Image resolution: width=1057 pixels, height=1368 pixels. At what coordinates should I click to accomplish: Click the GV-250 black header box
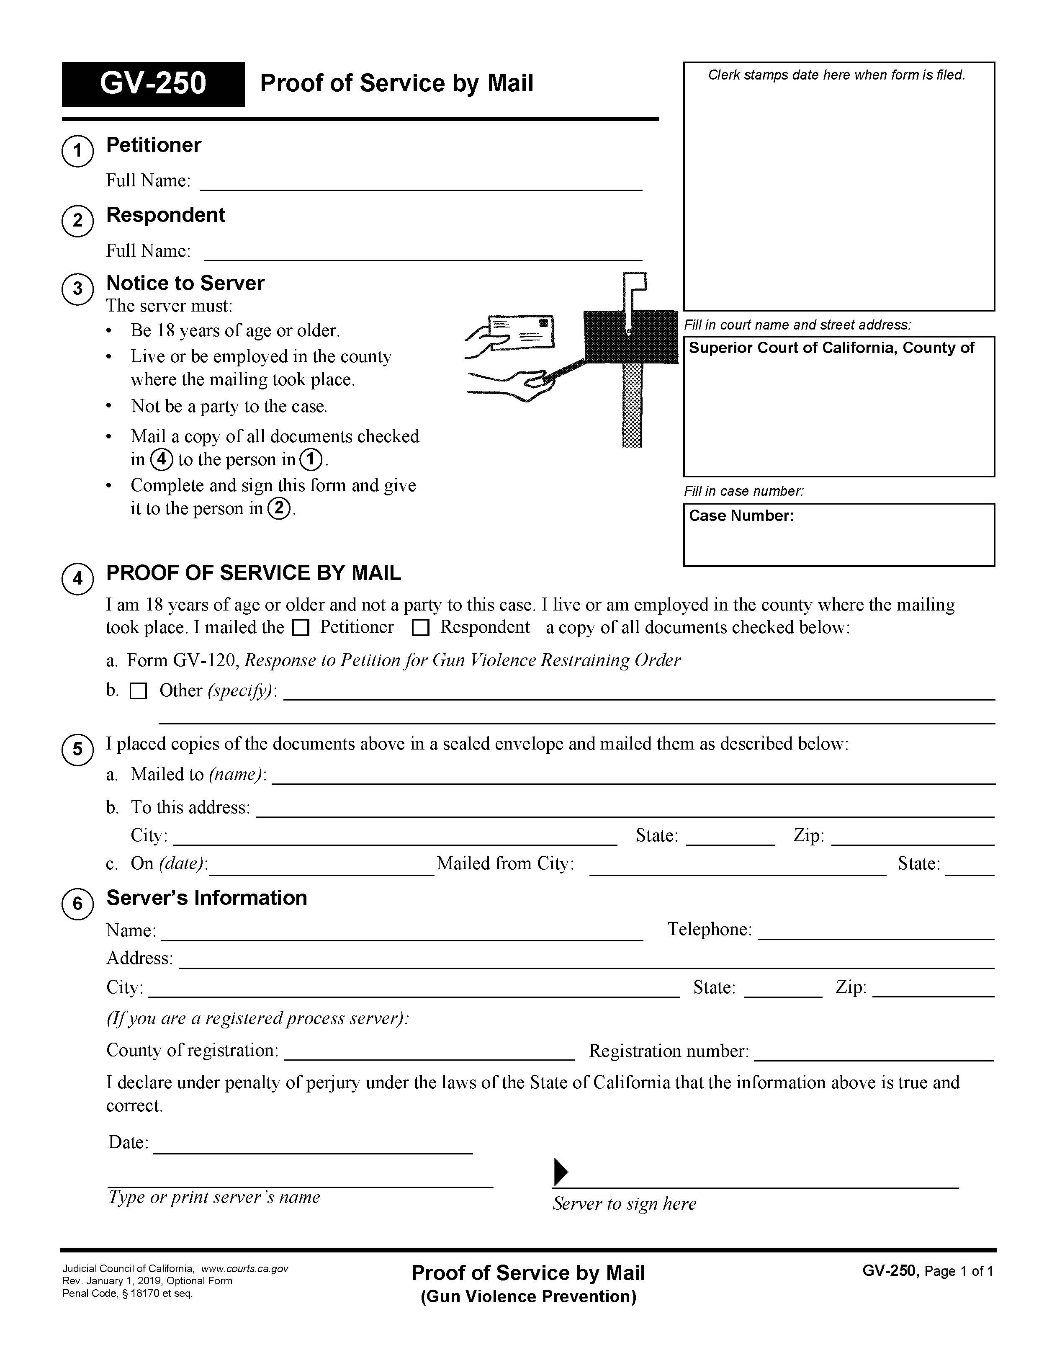coord(153,84)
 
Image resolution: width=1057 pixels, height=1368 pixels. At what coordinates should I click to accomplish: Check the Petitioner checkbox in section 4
coord(301,628)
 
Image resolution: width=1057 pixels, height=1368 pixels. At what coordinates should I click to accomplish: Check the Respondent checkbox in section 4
coord(421,628)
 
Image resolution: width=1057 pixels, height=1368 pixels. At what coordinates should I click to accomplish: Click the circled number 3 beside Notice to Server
coord(77,289)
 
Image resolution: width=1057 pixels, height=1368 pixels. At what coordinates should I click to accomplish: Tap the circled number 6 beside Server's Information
coord(77,904)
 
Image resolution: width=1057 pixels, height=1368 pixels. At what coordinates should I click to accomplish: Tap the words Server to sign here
coord(624,1203)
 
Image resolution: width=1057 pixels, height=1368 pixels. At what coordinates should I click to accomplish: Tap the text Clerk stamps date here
coord(836,75)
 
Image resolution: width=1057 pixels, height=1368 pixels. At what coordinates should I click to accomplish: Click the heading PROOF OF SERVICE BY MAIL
coord(254,573)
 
